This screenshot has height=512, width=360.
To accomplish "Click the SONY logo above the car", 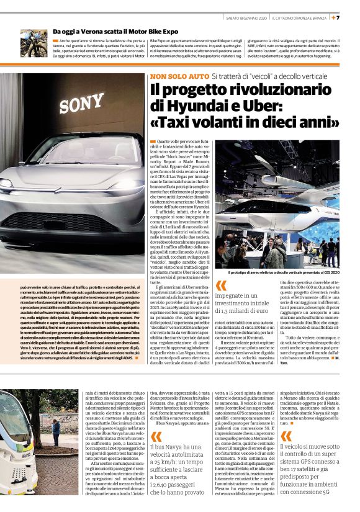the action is pos(81,102).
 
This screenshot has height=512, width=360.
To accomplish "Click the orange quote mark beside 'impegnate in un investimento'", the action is pos(221,285).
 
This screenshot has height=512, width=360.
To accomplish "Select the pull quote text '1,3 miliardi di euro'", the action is pos(250,310).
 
